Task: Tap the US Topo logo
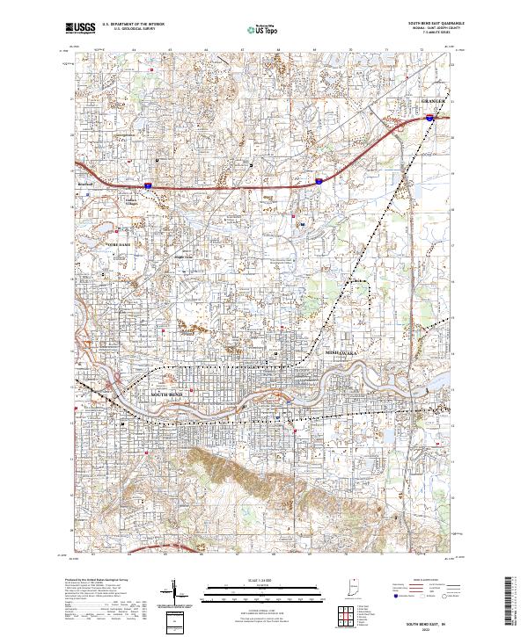tap(256, 29)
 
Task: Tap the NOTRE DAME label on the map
tap(118, 243)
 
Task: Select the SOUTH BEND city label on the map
tap(167, 396)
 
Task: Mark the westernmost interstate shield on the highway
tap(149, 185)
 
